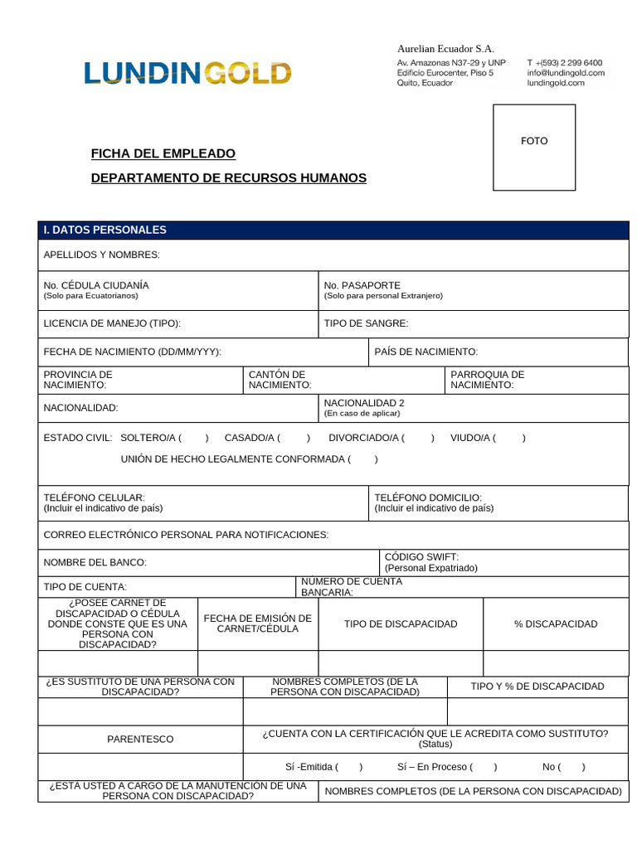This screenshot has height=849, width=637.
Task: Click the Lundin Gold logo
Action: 187,73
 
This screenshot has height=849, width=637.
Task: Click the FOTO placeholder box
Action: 534,147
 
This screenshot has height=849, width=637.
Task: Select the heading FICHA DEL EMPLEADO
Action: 163,153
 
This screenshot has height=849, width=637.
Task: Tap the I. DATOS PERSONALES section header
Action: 105,230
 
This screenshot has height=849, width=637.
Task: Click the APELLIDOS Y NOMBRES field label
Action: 101,255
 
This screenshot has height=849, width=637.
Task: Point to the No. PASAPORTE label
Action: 362,284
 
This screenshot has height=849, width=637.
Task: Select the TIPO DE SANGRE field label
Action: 366,323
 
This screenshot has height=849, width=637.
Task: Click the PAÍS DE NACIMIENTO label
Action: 425,352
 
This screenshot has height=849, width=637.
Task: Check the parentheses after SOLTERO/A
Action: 194,438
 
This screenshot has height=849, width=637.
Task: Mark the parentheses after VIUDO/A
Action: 511,438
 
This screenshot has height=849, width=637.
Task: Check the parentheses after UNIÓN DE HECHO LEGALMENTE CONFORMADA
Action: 363,458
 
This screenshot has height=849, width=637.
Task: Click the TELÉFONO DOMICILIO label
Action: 428,497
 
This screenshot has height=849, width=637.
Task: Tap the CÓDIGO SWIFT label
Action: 421,556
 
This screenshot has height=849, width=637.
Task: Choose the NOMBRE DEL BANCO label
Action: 95,562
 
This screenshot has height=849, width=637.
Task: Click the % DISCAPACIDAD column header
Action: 555,623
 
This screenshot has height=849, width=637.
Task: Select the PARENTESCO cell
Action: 140,739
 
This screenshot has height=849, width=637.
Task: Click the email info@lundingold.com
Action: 565,73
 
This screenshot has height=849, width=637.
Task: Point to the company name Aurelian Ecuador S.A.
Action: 445,49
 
